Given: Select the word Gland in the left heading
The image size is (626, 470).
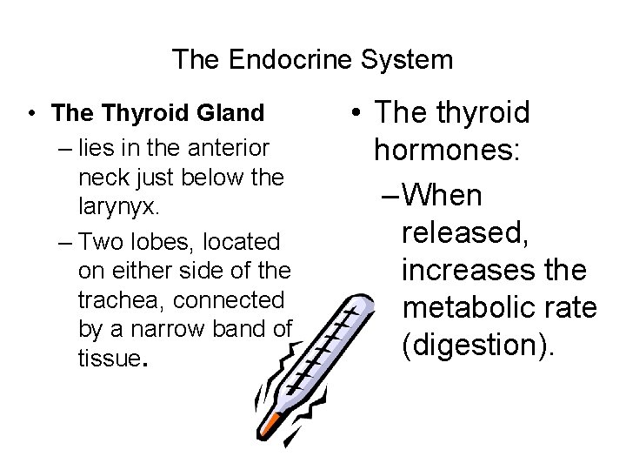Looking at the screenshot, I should point(232,113).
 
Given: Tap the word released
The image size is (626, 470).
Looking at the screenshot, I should point(465,232).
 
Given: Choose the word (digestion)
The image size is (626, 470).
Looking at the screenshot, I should point(476,346).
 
